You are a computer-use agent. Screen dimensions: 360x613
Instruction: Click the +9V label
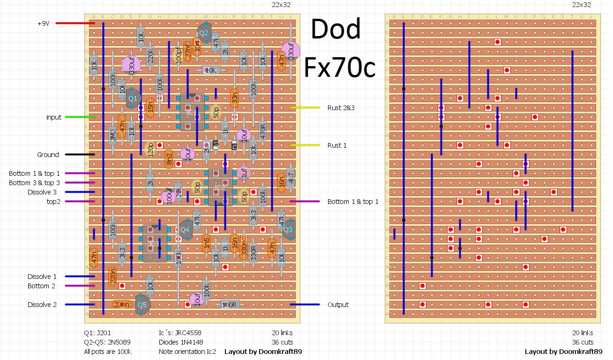tap(44, 23)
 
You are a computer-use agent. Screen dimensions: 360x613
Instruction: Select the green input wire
tap(80, 117)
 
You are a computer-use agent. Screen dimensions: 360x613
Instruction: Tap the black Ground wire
tap(80, 154)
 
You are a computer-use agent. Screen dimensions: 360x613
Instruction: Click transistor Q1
tap(133, 98)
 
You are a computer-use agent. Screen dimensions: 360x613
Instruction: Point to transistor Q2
tap(203, 33)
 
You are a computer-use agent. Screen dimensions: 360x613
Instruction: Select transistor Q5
tap(142, 304)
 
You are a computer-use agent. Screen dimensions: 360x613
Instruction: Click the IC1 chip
tap(192, 112)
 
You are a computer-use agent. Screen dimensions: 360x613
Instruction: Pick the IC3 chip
tap(155, 243)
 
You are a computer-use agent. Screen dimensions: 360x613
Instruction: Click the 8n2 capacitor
tap(169, 159)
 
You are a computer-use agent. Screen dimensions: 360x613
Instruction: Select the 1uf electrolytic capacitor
tap(243, 173)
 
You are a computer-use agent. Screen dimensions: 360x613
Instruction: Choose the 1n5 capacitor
tap(206, 244)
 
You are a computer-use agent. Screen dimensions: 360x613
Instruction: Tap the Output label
tap(338, 305)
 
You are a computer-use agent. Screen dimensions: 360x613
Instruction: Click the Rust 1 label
tap(337, 145)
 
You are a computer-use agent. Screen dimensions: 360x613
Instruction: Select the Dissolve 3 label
tap(42, 192)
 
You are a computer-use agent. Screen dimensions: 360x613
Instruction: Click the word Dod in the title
tap(336, 30)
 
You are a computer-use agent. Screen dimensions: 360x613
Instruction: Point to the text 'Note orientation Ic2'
tap(187, 352)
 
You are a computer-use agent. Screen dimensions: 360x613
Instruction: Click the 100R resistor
tap(229, 305)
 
